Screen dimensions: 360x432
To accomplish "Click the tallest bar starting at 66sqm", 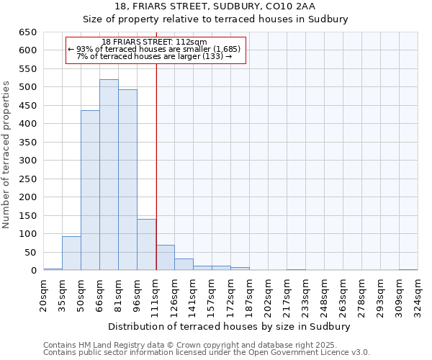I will (x=109, y=175).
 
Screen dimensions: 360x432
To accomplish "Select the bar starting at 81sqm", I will (x=127, y=180).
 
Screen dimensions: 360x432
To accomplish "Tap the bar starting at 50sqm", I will (x=90, y=191).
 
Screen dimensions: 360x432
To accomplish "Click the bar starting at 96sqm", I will (x=146, y=245).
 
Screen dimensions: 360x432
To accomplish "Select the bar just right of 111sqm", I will (x=165, y=258).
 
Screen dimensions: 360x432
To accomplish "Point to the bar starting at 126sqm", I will (x=184, y=264).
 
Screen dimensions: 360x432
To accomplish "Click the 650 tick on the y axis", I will (x=27, y=32).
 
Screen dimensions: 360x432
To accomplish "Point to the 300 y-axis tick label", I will (x=27, y=161).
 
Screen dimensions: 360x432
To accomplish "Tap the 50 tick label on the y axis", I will (x=30, y=252).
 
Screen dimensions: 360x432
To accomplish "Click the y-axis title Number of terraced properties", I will (x=7, y=155).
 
